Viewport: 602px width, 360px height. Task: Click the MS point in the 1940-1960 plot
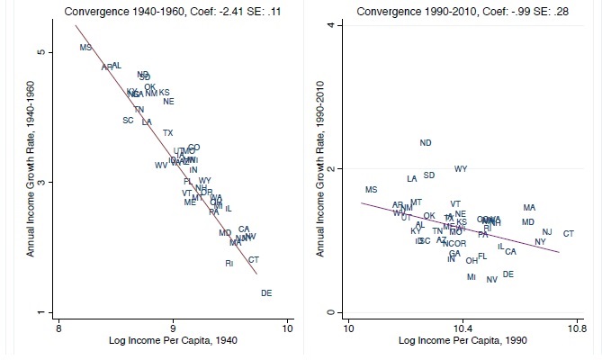pyautogui.click(x=85, y=48)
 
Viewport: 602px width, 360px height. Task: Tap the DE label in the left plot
pyautogui.click(x=266, y=293)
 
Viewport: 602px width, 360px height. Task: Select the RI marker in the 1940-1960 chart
pyautogui.click(x=229, y=264)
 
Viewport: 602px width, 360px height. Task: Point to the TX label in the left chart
pyautogui.click(x=167, y=133)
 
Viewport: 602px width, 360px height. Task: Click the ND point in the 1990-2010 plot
pyautogui.click(x=426, y=143)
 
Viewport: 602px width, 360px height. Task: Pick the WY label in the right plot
pyautogui.click(x=461, y=169)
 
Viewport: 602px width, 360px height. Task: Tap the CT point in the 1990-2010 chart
pyautogui.click(x=569, y=234)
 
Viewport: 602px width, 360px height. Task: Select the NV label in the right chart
pyautogui.click(x=491, y=280)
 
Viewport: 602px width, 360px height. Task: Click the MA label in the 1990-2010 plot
pyautogui.click(x=529, y=208)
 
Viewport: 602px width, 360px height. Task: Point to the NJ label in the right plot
pyautogui.click(x=547, y=232)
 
